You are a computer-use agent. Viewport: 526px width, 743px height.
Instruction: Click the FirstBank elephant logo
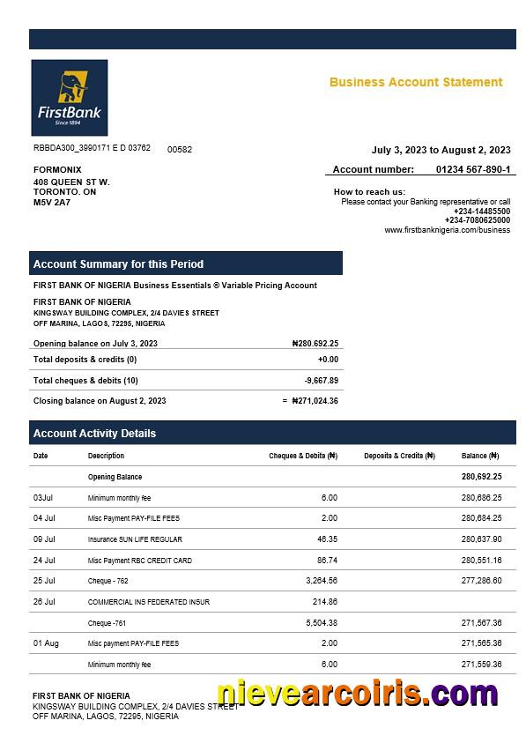pyautogui.click(x=69, y=97)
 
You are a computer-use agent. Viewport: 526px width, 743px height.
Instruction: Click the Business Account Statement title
pyautogui.click(x=416, y=82)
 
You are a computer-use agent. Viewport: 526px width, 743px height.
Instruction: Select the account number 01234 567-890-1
pyautogui.click(x=472, y=169)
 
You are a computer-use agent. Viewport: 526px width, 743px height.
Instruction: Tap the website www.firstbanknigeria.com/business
pyautogui.click(x=447, y=230)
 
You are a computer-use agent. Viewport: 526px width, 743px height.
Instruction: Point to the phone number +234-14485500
pyautogui.click(x=481, y=212)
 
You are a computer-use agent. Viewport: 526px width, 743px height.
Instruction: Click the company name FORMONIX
pyautogui.click(x=57, y=169)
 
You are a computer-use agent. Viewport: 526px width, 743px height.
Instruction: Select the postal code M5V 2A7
pyautogui.click(x=52, y=203)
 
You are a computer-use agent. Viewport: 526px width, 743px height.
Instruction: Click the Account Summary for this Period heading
pyautogui.click(x=118, y=264)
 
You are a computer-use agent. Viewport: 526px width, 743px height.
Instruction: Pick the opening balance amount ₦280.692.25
pyautogui.click(x=315, y=344)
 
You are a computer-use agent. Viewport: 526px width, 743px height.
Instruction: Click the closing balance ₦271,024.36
pyautogui.click(x=315, y=401)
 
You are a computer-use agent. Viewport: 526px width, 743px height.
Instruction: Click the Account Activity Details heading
pyautogui.click(x=94, y=434)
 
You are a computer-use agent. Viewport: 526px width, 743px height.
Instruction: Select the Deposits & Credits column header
pyautogui.click(x=399, y=457)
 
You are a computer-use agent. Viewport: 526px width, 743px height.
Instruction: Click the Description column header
pyautogui.click(x=106, y=457)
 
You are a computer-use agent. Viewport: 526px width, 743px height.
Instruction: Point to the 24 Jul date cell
pyautogui.click(x=44, y=561)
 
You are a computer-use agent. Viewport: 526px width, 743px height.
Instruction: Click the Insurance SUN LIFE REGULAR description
pyautogui.click(x=135, y=539)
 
